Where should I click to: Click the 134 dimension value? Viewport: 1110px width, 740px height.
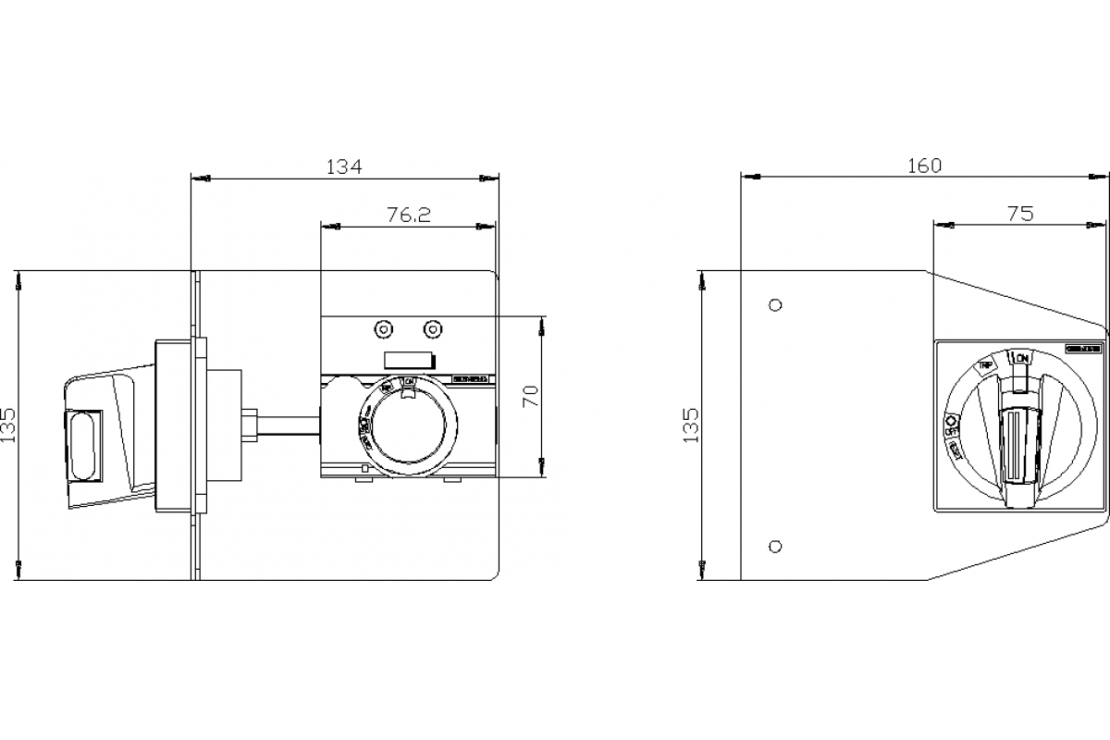(x=344, y=166)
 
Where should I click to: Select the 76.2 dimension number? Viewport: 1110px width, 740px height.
(x=409, y=215)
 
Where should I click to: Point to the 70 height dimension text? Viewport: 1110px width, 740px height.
(x=530, y=396)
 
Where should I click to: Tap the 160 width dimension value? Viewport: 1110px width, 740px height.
(x=924, y=166)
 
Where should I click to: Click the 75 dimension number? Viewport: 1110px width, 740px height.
(x=1019, y=214)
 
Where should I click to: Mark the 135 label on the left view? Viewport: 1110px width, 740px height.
(x=8, y=426)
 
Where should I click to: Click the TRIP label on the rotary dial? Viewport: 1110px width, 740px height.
(x=986, y=367)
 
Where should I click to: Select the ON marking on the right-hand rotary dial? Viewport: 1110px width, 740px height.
(x=1020, y=357)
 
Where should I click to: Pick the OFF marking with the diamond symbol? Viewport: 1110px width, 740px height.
(x=950, y=425)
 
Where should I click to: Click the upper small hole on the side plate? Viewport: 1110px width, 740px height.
(x=776, y=304)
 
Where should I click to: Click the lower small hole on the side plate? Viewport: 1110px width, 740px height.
(x=776, y=546)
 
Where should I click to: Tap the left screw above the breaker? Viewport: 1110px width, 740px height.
(x=382, y=329)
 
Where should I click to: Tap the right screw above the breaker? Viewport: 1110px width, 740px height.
(x=431, y=329)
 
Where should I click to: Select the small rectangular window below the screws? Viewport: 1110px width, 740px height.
(x=408, y=362)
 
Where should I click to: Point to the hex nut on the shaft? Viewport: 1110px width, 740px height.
(x=251, y=425)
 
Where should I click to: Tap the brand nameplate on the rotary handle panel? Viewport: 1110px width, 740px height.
(x=1081, y=350)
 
